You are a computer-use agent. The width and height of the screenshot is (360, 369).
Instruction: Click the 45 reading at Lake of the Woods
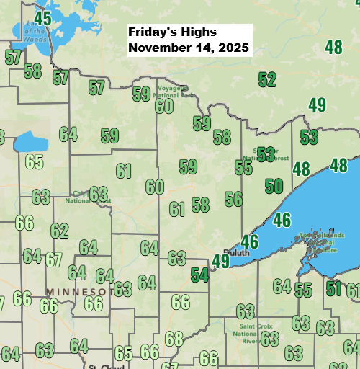tap(42, 19)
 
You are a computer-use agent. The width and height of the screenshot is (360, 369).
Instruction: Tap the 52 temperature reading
tap(267, 79)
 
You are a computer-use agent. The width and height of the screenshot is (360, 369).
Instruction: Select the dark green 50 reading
tap(274, 186)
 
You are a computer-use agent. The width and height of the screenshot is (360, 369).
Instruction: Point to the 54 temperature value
tap(199, 275)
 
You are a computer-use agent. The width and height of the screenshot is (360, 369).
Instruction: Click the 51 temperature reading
tap(333, 289)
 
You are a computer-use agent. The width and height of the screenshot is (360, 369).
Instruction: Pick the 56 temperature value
tap(233, 199)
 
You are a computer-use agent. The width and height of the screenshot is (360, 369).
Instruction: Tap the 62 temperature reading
tap(59, 231)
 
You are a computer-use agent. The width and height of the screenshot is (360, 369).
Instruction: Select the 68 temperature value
tap(174, 338)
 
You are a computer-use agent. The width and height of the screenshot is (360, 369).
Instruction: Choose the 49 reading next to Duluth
tap(220, 262)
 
